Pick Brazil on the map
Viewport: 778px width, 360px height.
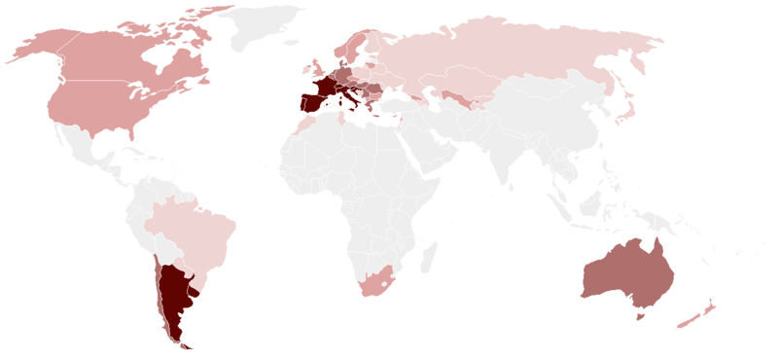(x=194, y=229)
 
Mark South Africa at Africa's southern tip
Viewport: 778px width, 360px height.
(x=375, y=282)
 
